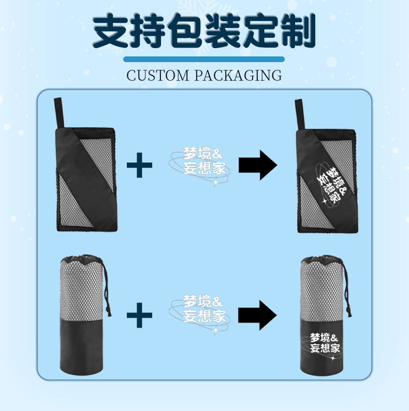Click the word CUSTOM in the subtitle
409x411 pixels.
pyautogui.click(x=158, y=76)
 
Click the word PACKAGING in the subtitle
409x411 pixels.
pyautogui.click(x=239, y=76)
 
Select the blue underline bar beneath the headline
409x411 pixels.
pyautogui.click(x=204, y=59)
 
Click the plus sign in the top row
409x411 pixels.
pyautogui.click(x=140, y=165)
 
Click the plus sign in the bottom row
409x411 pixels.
pyautogui.click(x=140, y=314)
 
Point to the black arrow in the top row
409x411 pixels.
pyautogui.click(x=258, y=165)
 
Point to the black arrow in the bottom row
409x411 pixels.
pyautogui.click(x=258, y=314)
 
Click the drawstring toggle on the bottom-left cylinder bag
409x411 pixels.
pyautogui.click(x=108, y=311)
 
